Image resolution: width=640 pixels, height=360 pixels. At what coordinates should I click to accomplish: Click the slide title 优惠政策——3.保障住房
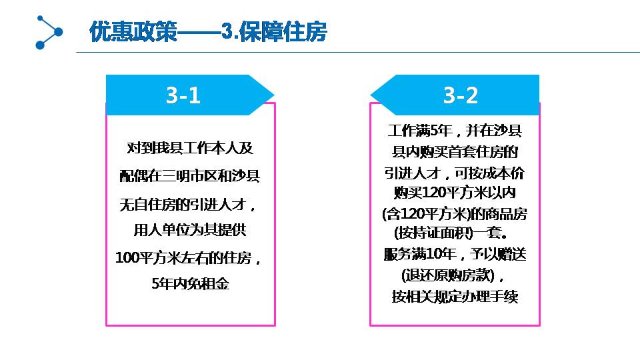[x=208, y=31]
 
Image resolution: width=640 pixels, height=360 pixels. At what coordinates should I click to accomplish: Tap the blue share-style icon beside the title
[x=49, y=32]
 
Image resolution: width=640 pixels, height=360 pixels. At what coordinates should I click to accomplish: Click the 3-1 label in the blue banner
[x=183, y=95]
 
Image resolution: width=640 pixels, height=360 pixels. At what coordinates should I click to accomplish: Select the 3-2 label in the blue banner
[x=461, y=95]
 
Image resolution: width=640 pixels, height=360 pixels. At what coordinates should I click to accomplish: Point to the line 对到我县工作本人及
[x=190, y=148]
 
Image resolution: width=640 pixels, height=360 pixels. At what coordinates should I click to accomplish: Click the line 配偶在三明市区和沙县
[x=190, y=175]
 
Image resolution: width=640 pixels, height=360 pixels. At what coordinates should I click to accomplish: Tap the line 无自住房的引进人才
[x=188, y=204]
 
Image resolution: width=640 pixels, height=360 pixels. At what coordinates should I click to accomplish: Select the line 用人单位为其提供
[x=190, y=230]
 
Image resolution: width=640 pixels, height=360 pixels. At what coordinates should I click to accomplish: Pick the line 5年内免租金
[x=190, y=283]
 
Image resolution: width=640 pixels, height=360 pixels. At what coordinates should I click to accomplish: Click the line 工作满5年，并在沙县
[x=455, y=131]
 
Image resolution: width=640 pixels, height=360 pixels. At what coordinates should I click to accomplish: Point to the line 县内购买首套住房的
[x=455, y=152]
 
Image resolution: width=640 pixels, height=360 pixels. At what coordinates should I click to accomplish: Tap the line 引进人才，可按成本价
[x=454, y=173]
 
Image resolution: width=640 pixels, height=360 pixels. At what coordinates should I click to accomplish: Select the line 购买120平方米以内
[x=455, y=192]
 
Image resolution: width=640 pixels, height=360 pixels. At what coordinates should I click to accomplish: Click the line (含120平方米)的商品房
[x=455, y=214]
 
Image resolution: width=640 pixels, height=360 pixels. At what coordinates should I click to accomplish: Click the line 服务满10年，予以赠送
[x=455, y=254]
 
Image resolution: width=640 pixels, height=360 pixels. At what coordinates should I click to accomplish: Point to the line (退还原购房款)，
[x=452, y=275]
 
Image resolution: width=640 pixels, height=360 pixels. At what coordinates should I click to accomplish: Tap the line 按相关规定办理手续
[x=455, y=296]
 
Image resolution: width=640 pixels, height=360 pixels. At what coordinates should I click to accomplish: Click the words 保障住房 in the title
[x=283, y=31]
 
